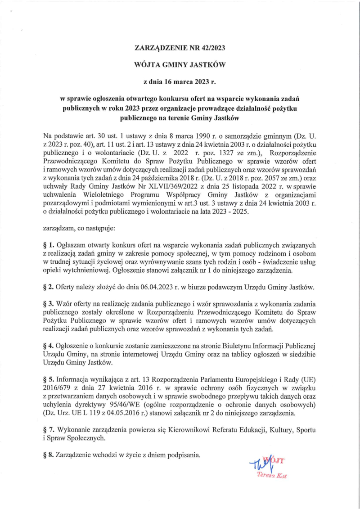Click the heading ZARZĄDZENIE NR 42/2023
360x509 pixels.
(x=180, y=47)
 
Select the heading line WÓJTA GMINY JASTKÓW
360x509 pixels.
(x=180, y=65)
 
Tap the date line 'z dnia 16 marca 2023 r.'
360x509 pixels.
(x=180, y=82)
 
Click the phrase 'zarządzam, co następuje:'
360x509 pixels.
(x=79, y=229)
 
